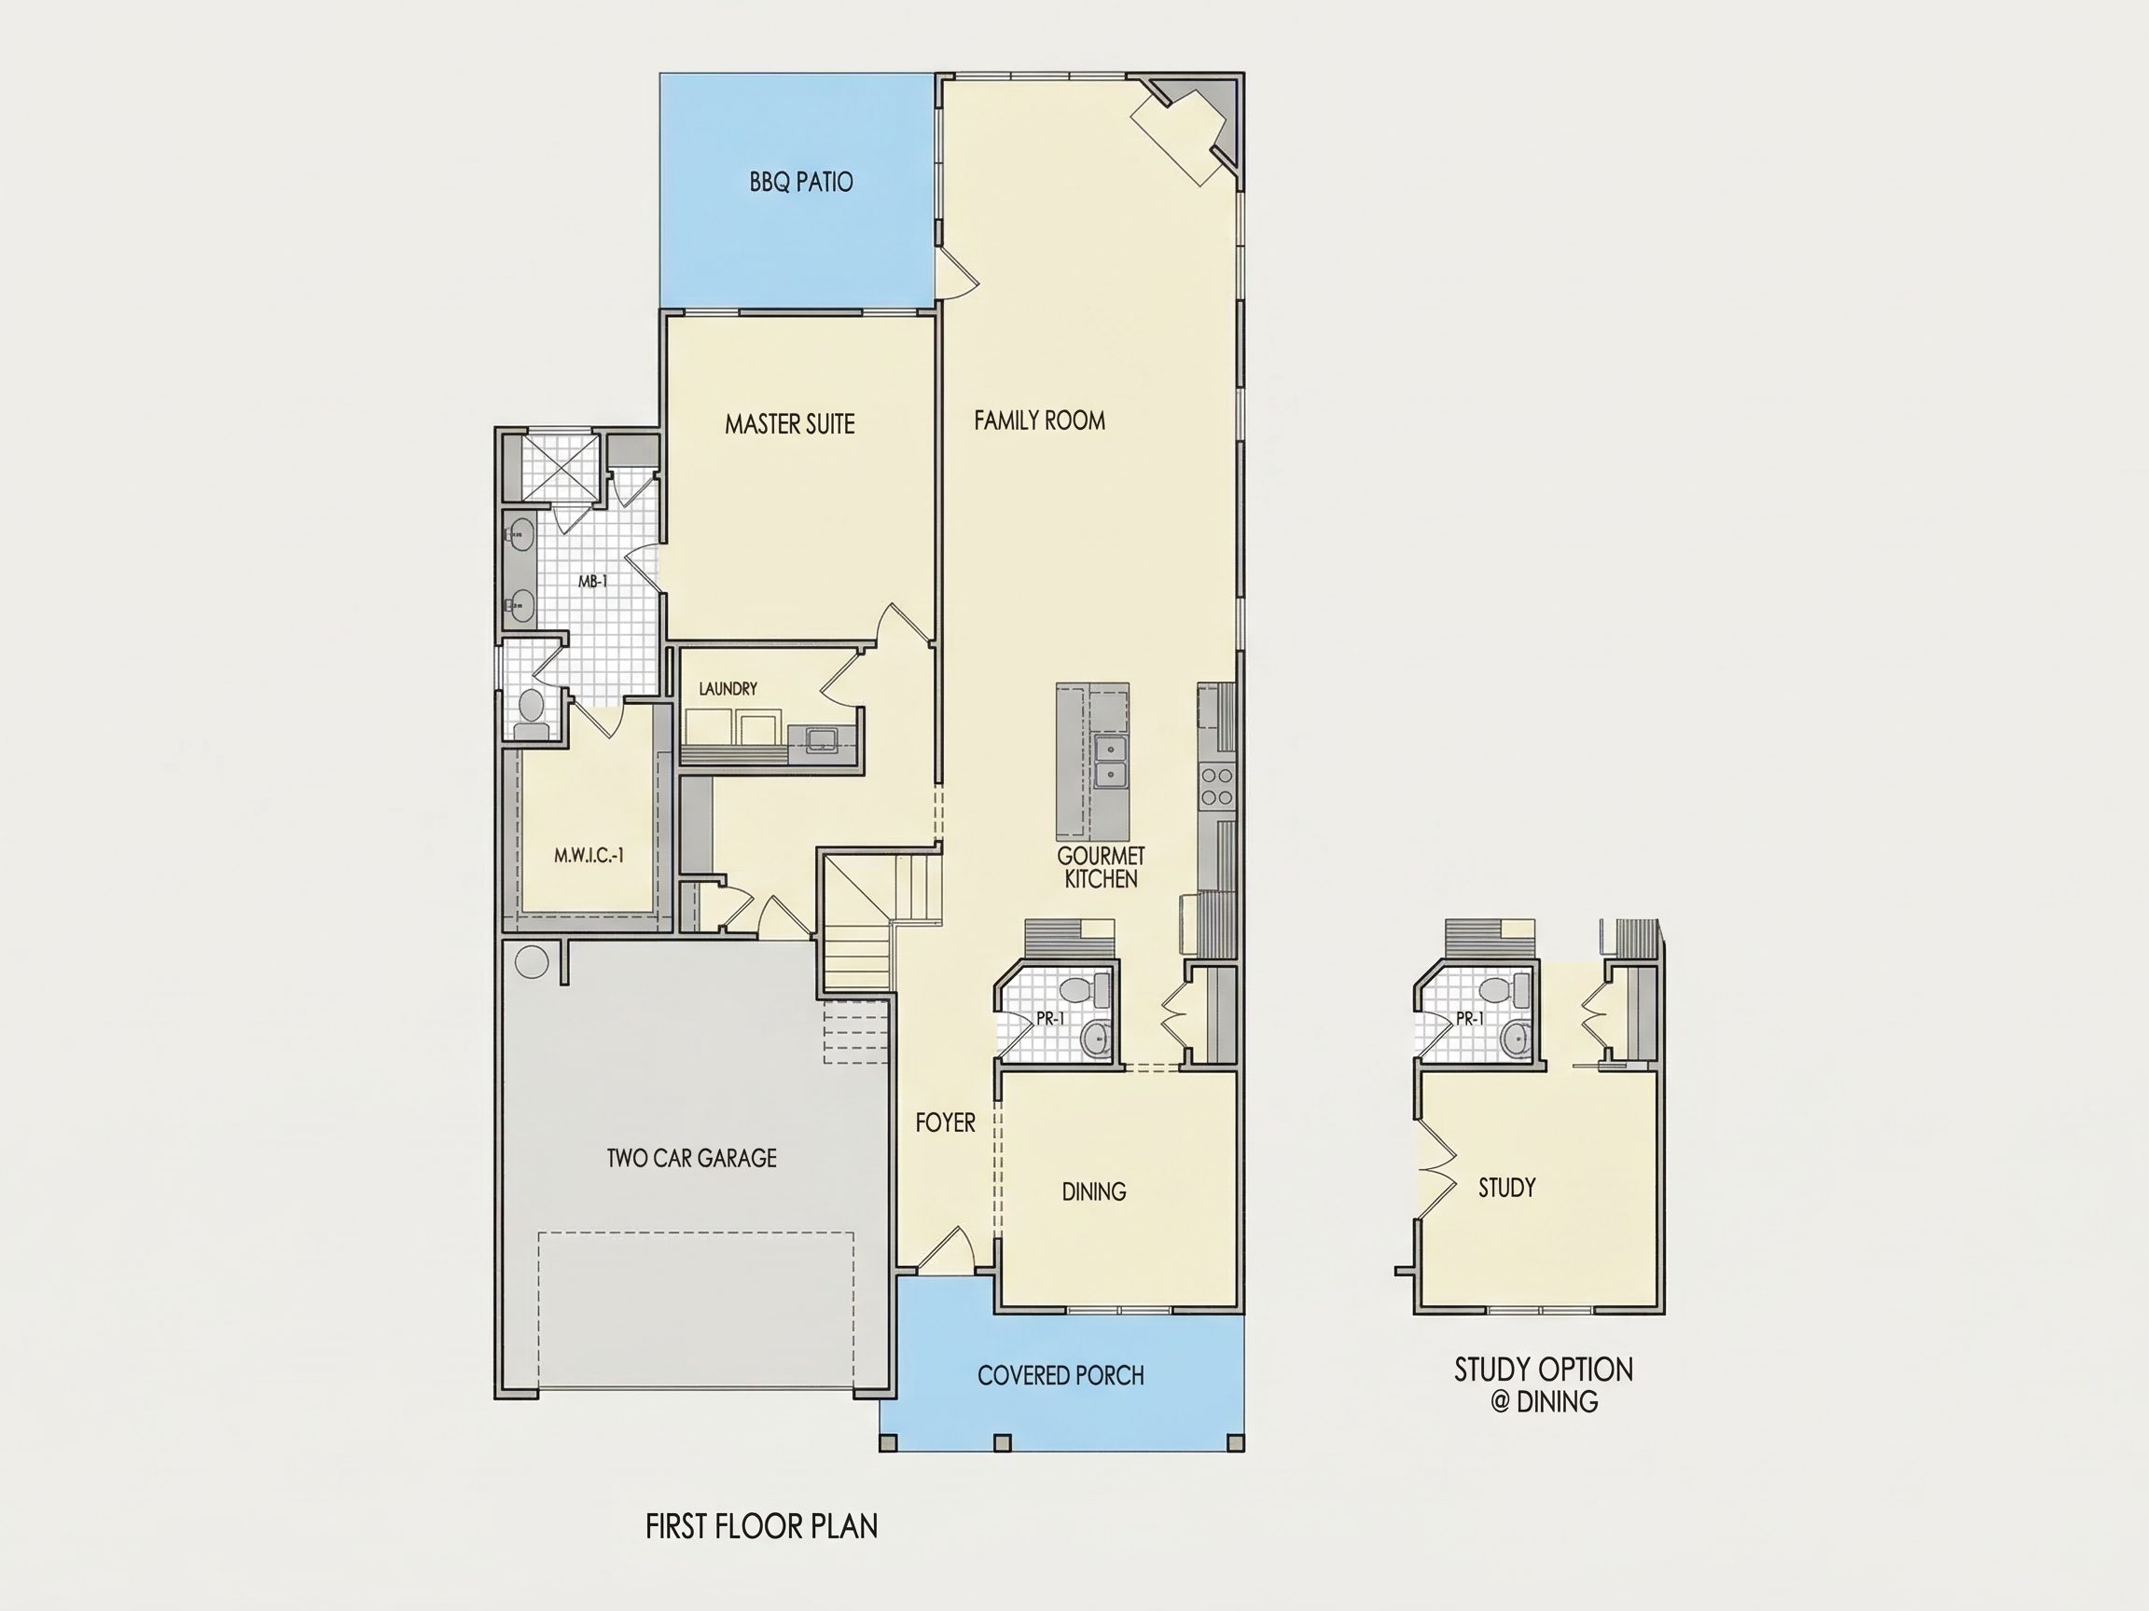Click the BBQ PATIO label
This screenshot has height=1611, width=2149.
tap(800, 182)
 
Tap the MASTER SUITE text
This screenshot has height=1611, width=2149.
tap(790, 423)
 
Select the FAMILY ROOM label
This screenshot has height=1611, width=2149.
tap(1040, 420)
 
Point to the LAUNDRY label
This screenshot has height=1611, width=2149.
tap(728, 688)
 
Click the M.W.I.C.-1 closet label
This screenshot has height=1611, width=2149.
tap(589, 856)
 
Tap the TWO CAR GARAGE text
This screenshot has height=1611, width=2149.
tap(692, 1158)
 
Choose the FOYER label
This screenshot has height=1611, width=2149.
tap(945, 1122)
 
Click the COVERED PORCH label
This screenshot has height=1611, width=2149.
tap(1061, 1375)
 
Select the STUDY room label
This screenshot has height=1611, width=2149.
tap(1507, 1187)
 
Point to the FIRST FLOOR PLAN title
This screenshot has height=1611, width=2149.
tap(762, 1526)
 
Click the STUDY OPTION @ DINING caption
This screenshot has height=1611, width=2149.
tap(1544, 1384)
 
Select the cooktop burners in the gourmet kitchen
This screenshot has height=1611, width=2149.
tap(1216, 787)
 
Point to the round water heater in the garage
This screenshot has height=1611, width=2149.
tap(532, 961)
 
